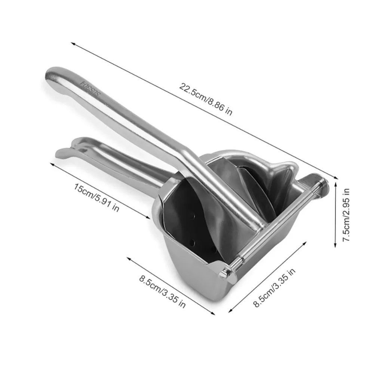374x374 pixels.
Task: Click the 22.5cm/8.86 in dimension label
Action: [x=205, y=100]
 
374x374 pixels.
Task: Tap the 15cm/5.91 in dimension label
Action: [x=96, y=198]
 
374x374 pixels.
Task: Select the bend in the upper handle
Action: [x=187, y=153]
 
